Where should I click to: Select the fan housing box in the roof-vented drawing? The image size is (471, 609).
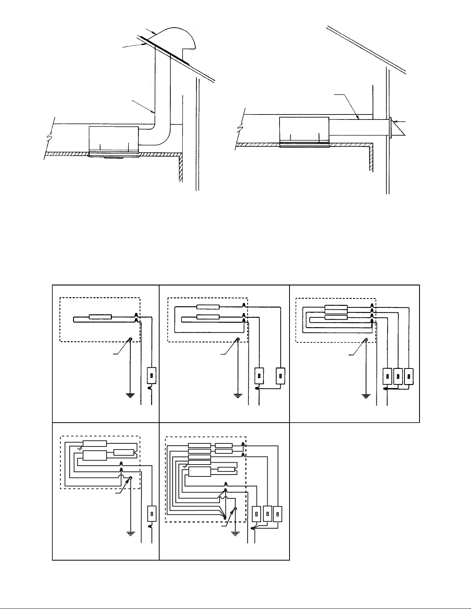tap(113, 138)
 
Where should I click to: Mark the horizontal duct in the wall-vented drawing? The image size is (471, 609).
tap(358, 126)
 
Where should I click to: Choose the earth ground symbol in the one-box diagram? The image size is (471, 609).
tap(131, 395)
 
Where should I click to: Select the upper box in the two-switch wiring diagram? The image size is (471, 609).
tap(208, 307)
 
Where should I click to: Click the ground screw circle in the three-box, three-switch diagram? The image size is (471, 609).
tap(366, 340)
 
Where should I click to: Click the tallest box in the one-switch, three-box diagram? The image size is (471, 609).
tap(94, 456)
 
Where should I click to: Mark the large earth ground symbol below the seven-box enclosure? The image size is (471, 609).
tap(235, 533)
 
